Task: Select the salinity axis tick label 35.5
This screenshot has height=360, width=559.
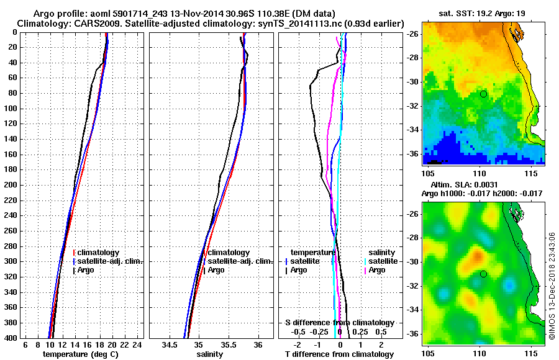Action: point(228,344)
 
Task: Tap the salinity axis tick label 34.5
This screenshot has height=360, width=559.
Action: point(170,344)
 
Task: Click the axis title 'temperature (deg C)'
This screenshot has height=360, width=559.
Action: point(80,354)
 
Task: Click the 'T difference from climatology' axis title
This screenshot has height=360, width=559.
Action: point(339,354)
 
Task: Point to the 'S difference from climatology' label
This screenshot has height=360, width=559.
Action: point(339,323)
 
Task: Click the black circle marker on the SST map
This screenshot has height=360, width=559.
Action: point(483,94)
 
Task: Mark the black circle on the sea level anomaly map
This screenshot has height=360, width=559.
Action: point(483,274)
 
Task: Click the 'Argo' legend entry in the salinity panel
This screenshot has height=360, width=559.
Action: point(216,270)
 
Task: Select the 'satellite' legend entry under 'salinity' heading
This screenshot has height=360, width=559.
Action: point(383,261)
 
